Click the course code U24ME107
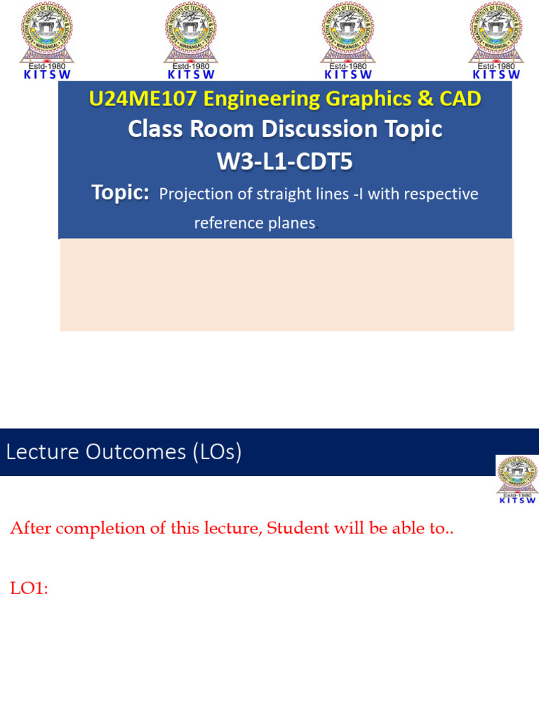[x=142, y=99]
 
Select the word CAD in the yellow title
[x=460, y=99]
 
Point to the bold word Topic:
[x=121, y=193]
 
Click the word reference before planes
[x=229, y=223]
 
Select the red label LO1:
[x=29, y=588]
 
